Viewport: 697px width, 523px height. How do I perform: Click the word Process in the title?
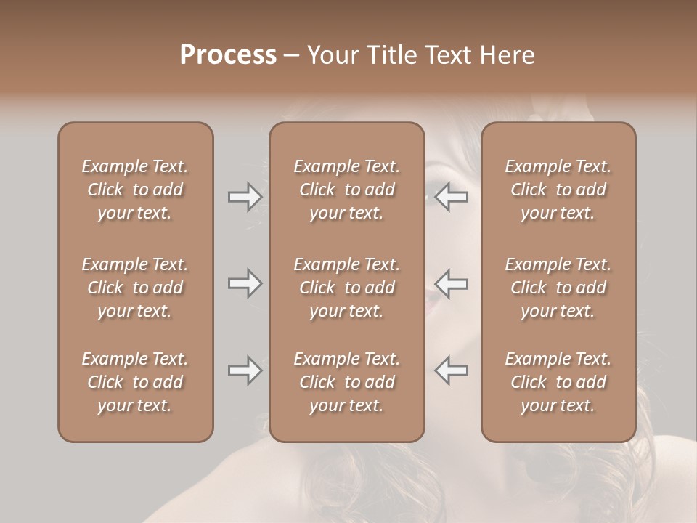point(228,55)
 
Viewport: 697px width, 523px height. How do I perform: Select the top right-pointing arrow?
point(245,197)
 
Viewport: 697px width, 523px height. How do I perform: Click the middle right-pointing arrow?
point(245,283)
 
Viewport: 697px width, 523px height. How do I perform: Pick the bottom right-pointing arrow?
point(245,370)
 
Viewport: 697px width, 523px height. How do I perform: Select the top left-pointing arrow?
point(452,197)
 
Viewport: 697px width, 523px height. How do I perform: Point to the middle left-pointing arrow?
point(452,283)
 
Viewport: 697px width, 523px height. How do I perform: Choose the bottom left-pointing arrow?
point(452,370)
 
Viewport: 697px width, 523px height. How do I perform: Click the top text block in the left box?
point(135,190)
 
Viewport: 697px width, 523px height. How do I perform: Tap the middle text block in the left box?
point(135,288)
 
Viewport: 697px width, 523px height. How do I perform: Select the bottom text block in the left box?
point(135,382)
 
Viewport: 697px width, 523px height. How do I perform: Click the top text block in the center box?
point(347,190)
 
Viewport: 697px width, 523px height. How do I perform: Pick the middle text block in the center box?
point(347,288)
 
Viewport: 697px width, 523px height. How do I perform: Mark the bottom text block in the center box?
point(347,382)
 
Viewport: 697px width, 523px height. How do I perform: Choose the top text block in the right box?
point(558,190)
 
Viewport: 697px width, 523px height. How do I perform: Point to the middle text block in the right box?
point(558,288)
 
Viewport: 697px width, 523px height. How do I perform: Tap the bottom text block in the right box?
point(558,382)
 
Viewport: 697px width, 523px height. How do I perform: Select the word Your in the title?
point(333,55)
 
